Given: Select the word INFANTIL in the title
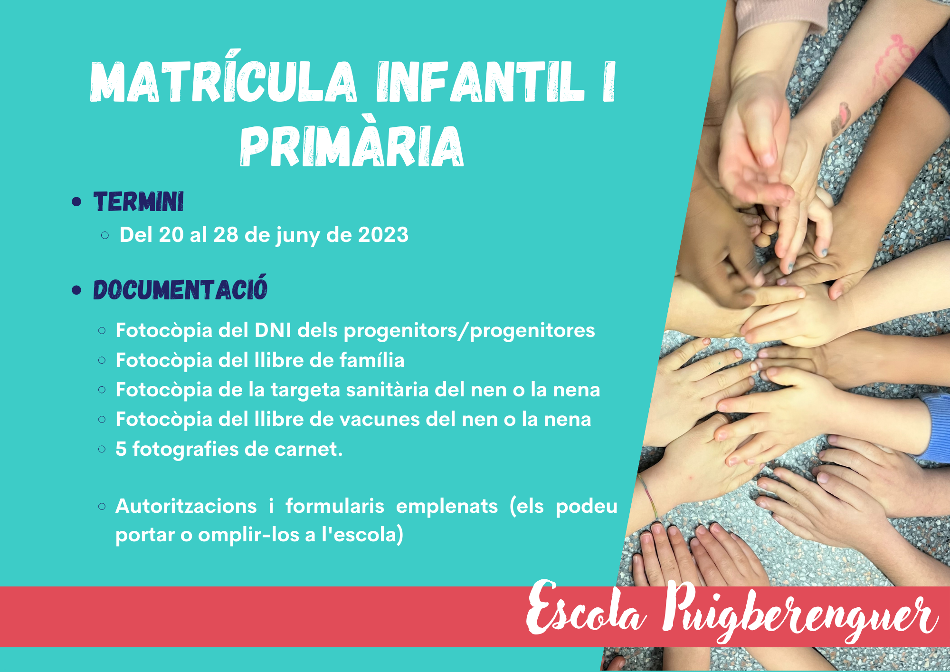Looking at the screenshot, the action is tap(480, 82).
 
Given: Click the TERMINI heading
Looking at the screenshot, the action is tap(138, 202).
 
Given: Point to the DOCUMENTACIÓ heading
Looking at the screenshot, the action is tap(180, 288).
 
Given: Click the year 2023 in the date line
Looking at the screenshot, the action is tap(383, 235).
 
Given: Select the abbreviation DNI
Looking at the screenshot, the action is tap(273, 330).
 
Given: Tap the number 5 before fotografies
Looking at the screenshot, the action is tap(121, 449).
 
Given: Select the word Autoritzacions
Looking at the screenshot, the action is tap(186, 506).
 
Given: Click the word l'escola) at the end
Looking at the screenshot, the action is tap(362, 535).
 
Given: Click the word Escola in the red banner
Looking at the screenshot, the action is tap(586, 609).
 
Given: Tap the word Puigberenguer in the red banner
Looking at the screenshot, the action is tap(800, 613).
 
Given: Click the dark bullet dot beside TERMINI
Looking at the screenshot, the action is tap(76, 202).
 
